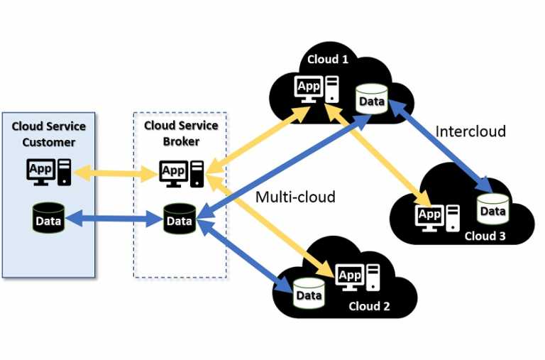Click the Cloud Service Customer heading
[x=48, y=133]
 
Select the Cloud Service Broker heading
[x=181, y=133]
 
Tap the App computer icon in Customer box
[x=49, y=172]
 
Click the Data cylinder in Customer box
[x=49, y=219]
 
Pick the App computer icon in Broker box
[x=182, y=173]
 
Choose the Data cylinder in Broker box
[x=180, y=219]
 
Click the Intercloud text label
[x=470, y=131]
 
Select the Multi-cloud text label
[x=295, y=197]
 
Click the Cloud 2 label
[x=369, y=306]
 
